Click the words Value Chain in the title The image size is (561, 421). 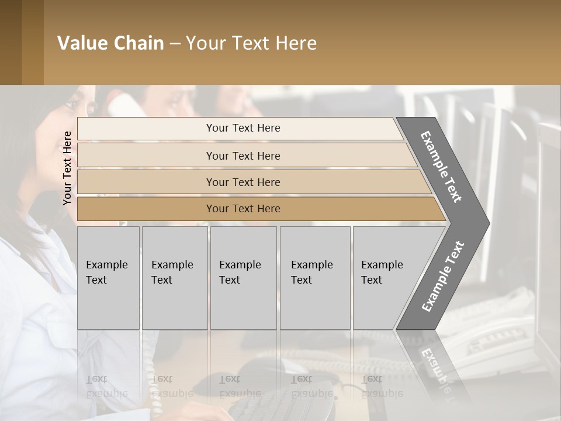tap(110, 43)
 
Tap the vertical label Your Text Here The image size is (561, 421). tap(67, 168)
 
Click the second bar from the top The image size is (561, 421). tap(243, 156)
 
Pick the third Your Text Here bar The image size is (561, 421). tap(243, 182)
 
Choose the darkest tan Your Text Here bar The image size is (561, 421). tap(243, 209)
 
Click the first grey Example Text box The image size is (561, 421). tap(108, 277)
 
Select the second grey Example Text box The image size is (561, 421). tap(175, 277)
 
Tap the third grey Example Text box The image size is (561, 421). tap(243, 277)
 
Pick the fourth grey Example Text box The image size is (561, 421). tap(315, 277)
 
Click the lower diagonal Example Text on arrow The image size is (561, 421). tap(444, 276)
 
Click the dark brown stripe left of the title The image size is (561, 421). tap(21, 42)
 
